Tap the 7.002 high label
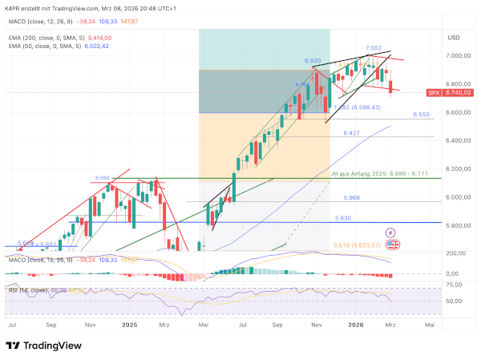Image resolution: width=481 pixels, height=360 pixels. click(x=374, y=49)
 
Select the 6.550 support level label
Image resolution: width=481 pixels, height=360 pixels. click(x=422, y=115)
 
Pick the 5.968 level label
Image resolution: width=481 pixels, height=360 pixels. click(x=354, y=197)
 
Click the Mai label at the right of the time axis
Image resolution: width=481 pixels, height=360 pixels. click(x=430, y=326)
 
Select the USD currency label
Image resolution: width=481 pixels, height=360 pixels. click(x=453, y=38)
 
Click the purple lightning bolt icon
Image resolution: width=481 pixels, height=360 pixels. click(x=391, y=232)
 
